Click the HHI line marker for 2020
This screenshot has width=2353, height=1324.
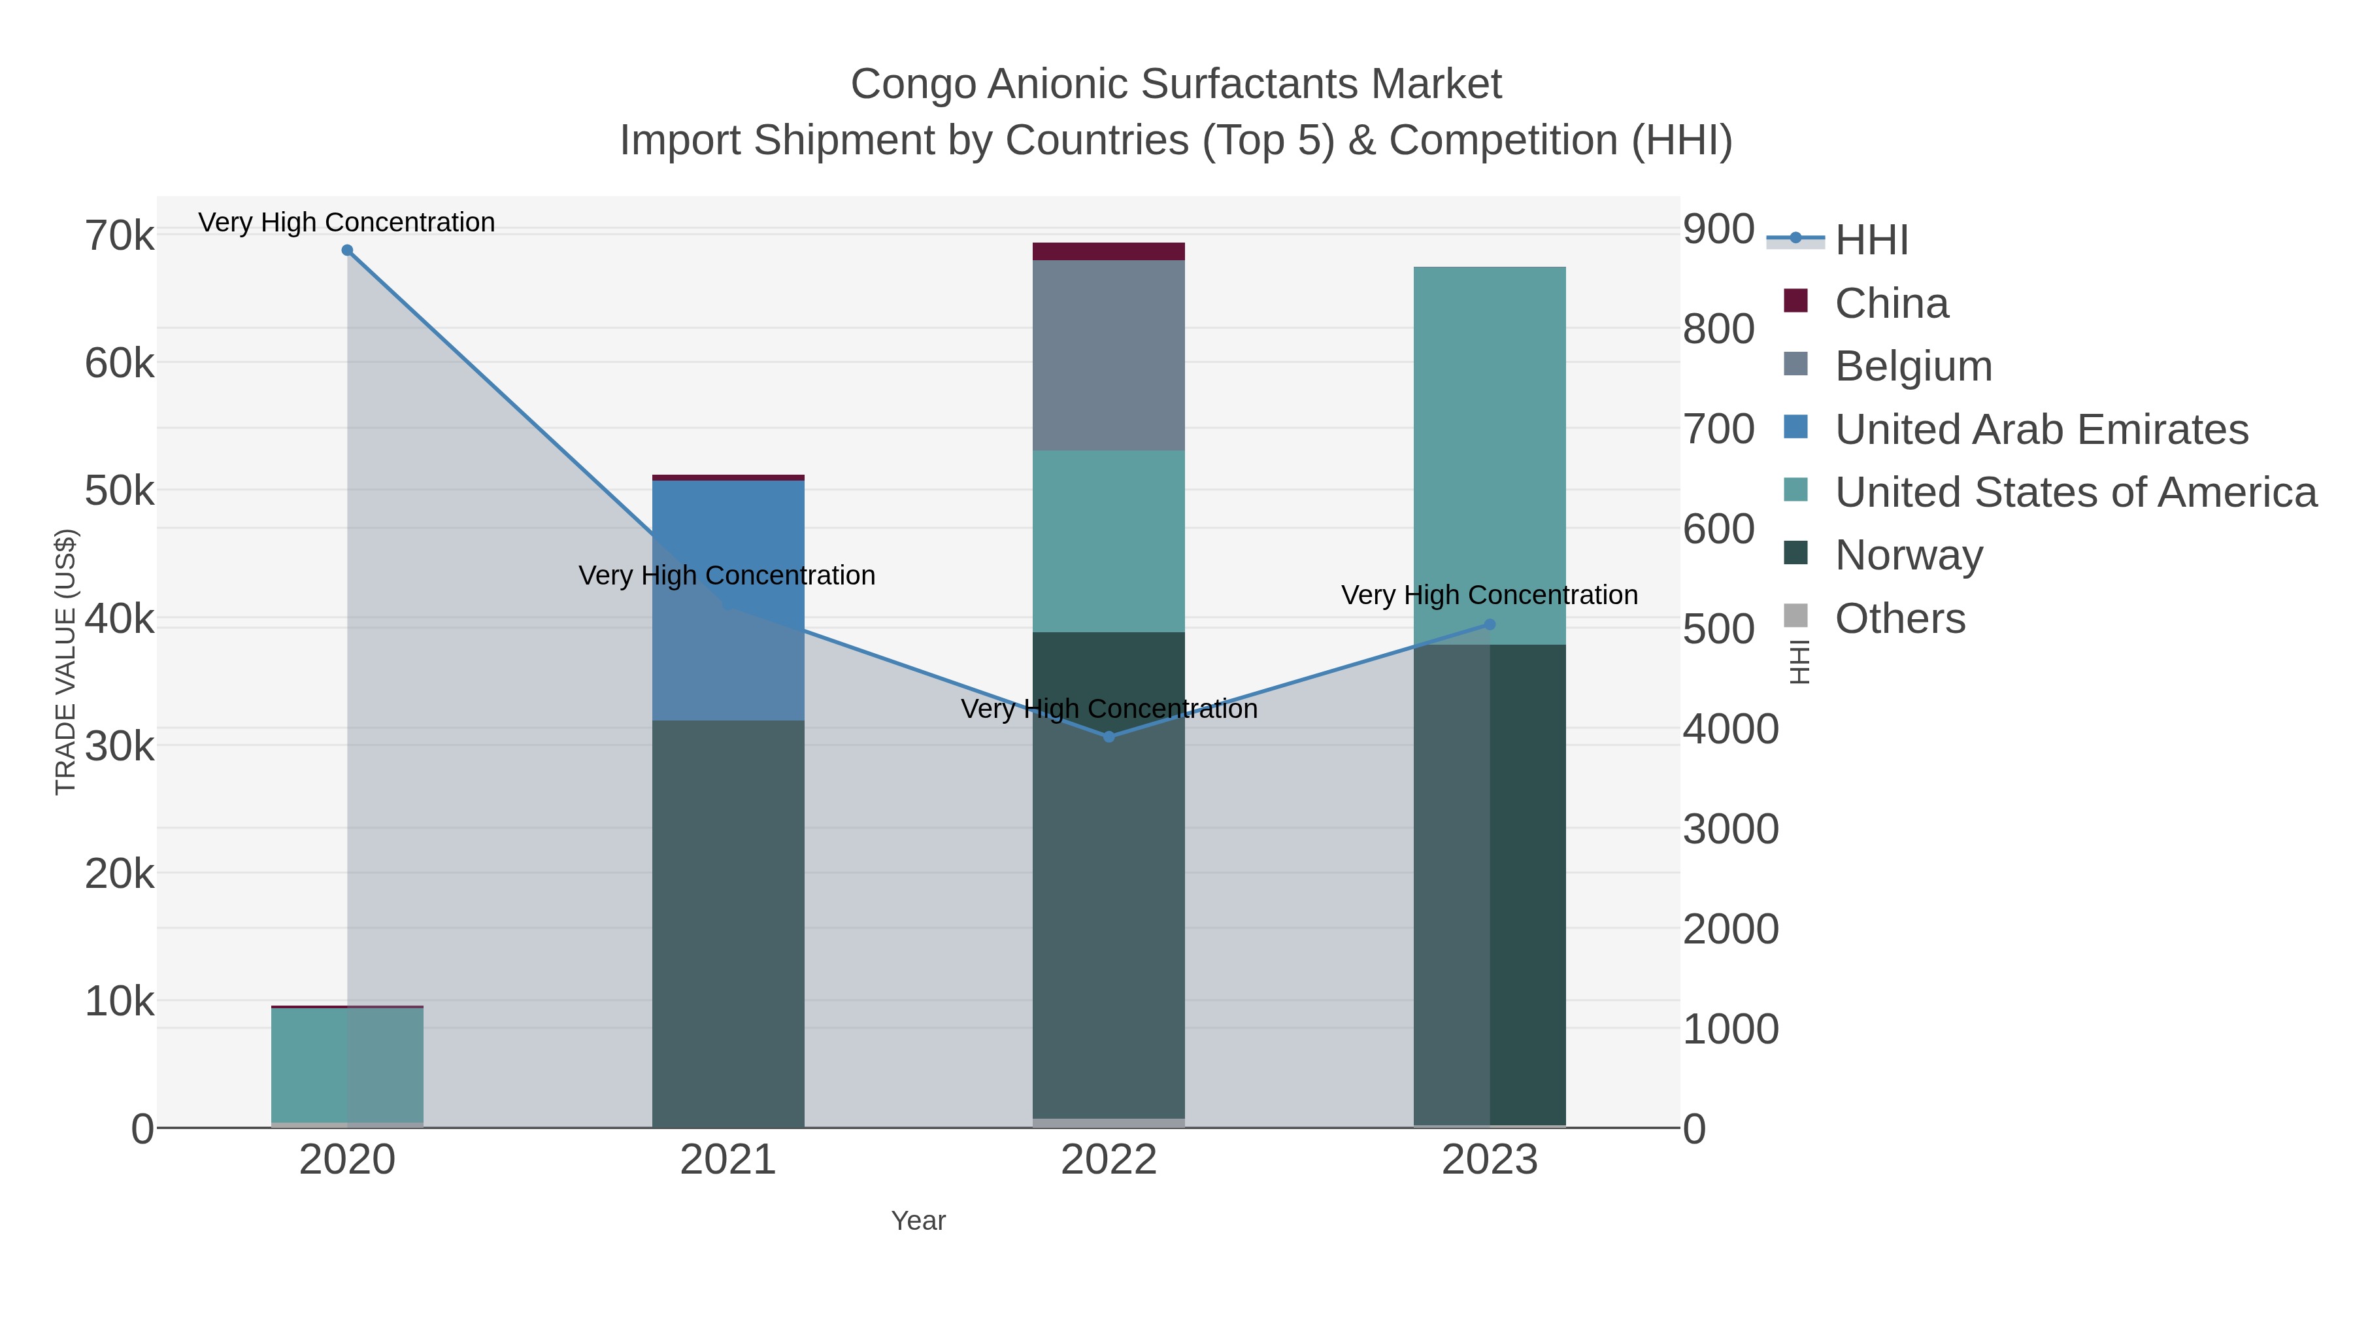(347, 250)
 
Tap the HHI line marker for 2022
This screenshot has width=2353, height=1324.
(1109, 736)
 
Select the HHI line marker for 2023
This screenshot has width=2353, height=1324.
(1490, 625)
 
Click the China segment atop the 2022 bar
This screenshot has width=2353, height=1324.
(1109, 251)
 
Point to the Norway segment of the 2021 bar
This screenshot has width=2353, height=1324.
(728, 923)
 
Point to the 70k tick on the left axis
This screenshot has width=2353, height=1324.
(120, 236)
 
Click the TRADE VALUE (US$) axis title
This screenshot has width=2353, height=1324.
(66, 662)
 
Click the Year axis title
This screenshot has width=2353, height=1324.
(918, 1221)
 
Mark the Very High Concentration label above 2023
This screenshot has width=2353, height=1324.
(1489, 595)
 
